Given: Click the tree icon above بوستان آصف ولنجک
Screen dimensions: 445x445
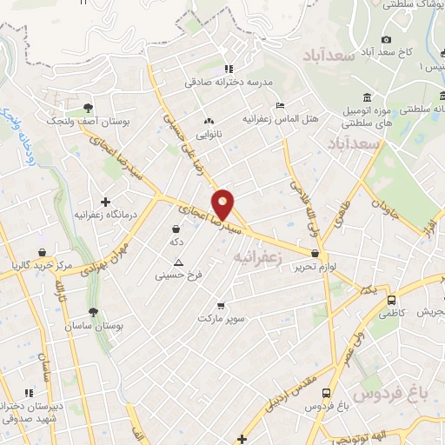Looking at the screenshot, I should (89, 109).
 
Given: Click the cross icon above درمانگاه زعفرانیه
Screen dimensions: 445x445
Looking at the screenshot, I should (105, 202).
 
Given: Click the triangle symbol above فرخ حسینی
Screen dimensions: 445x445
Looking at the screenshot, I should (179, 262).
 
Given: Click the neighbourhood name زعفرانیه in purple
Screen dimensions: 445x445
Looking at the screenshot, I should (260, 257).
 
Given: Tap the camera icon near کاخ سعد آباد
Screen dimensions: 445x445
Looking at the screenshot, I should (387, 39).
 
